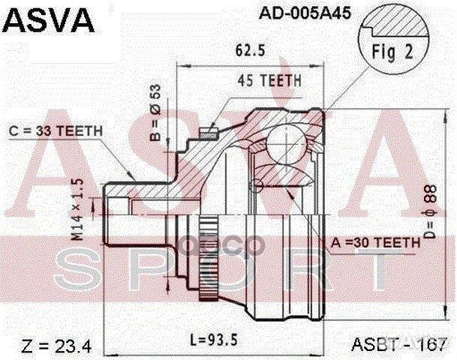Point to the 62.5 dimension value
click(x=245, y=53)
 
